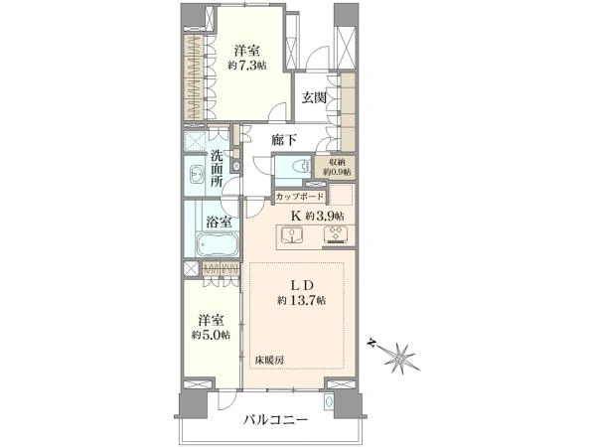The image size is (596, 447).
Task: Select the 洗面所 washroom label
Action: click(x=218, y=169)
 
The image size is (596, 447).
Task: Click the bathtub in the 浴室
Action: click(x=215, y=245)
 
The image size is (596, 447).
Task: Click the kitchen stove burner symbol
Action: click(x=334, y=235)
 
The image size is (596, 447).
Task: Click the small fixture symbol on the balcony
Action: click(x=357, y=401)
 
